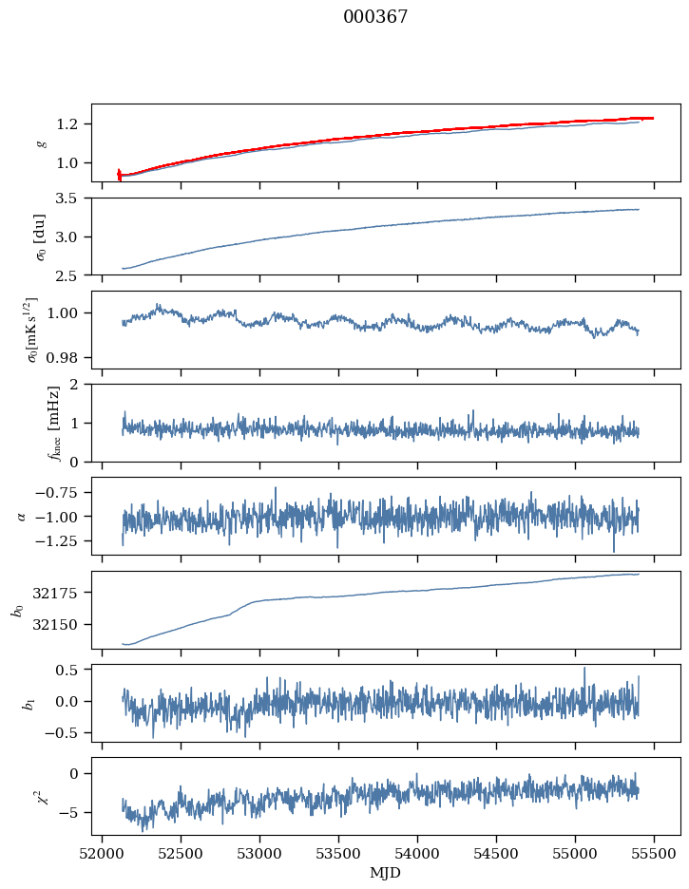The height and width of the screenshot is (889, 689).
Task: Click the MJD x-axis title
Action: tap(386, 873)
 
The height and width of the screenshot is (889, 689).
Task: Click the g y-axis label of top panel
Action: tap(40, 142)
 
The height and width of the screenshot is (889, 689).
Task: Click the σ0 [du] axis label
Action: tap(40, 236)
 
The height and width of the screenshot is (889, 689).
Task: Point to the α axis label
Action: tap(21, 515)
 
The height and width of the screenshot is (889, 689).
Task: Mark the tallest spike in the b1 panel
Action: tap(584, 669)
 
